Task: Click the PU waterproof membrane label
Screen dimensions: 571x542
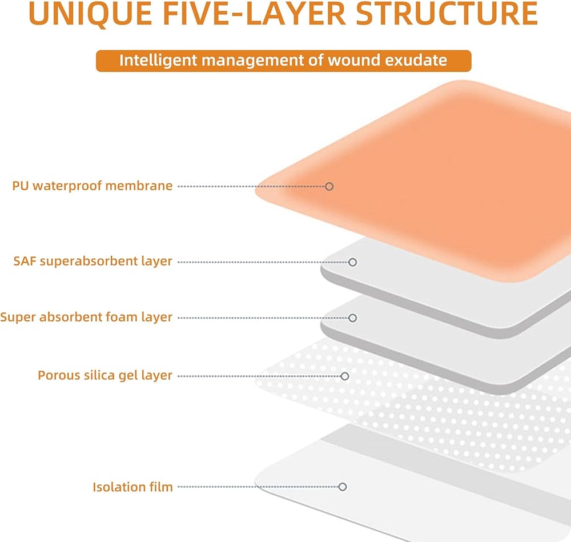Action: [93, 186]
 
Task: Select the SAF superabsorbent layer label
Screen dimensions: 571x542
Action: [93, 262]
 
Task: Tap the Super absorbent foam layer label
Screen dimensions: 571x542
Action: [86, 318]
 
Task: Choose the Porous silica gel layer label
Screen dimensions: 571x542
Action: [105, 376]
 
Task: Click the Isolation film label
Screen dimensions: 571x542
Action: [132, 487]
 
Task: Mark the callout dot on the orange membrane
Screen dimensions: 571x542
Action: [329, 186]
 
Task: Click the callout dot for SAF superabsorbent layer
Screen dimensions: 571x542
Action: [352, 262]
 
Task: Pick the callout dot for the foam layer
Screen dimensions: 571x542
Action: [352, 318]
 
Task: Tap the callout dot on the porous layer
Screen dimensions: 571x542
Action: [344, 376]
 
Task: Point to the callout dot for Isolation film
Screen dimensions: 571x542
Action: [342, 487]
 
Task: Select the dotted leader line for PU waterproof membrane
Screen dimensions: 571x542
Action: [251, 186]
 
